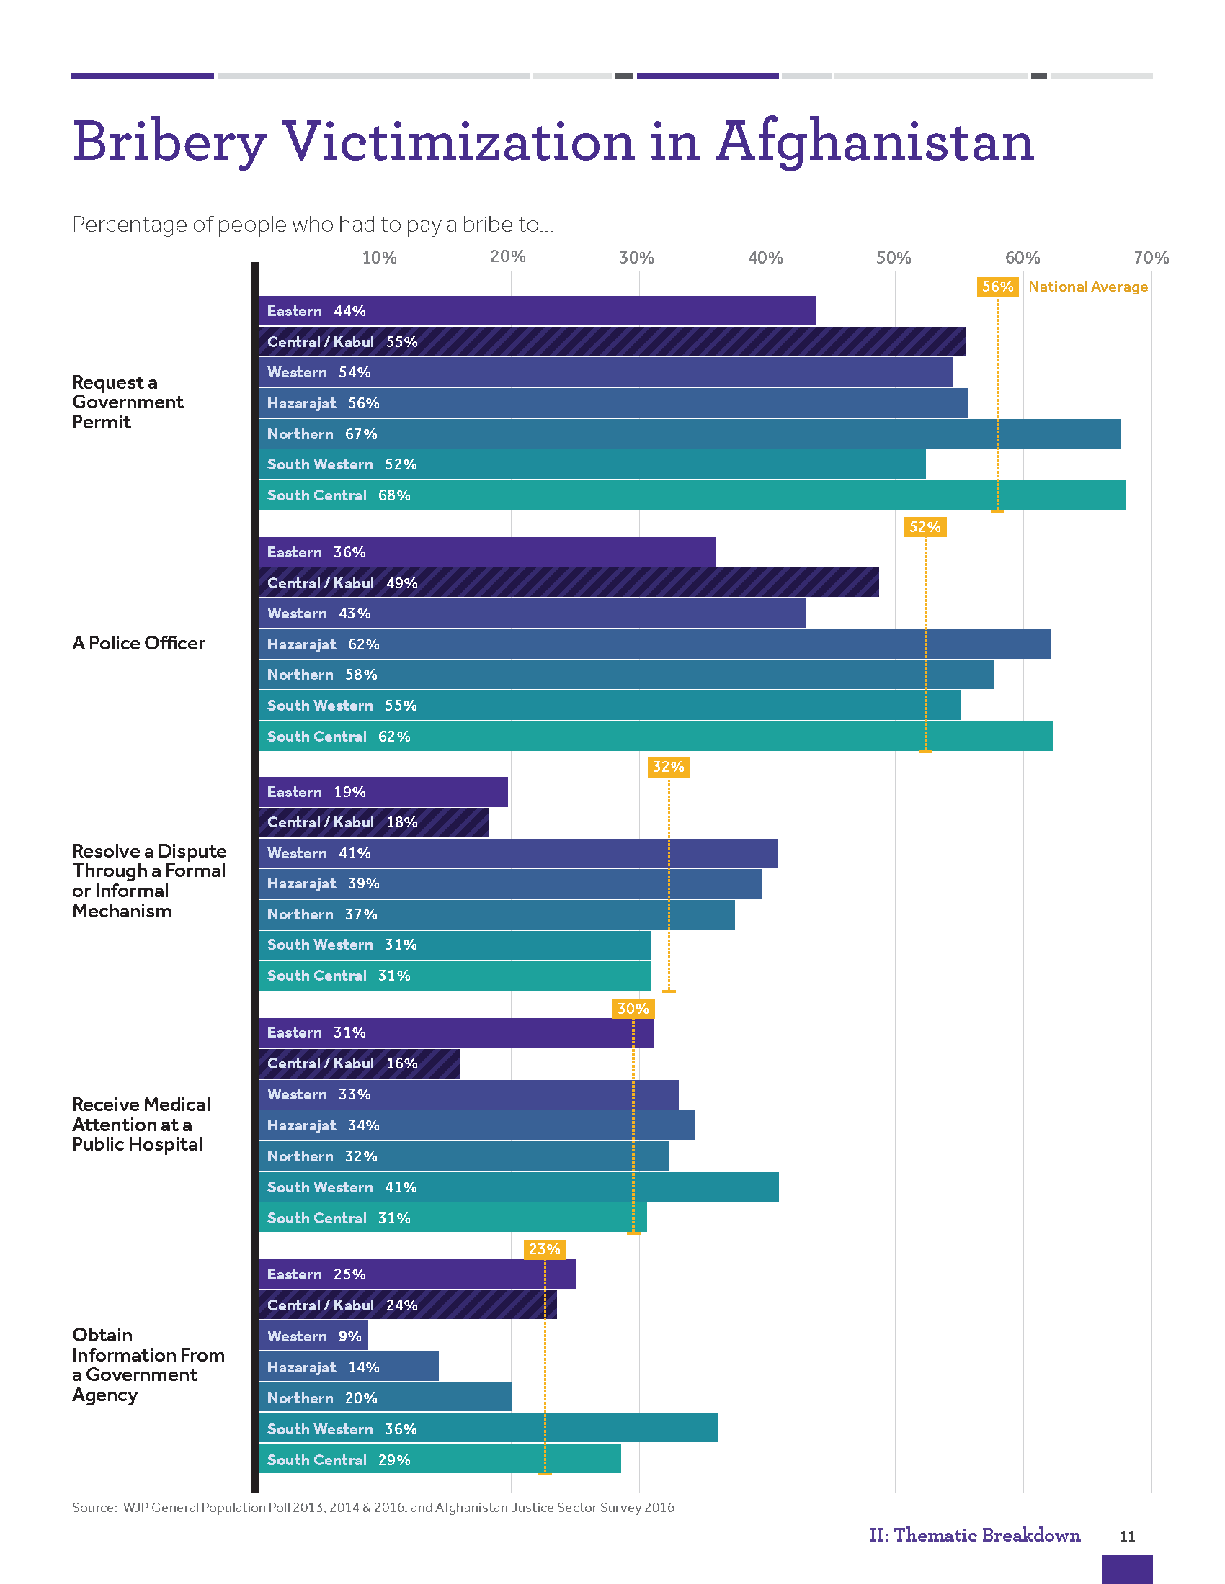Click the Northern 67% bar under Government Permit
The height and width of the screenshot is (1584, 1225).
(x=689, y=433)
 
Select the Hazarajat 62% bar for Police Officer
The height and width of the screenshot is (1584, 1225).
(x=654, y=644)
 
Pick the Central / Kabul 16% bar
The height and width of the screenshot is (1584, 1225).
(x=360, y=1063)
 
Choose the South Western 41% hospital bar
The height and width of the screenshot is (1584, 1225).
(x=518, y=1187)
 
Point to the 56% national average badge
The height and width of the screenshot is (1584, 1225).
(x=997, y=287)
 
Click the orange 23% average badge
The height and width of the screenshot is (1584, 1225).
(x=544, y=1249)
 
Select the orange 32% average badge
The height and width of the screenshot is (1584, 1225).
(x=669, y=767)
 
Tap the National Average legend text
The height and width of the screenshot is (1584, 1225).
(x=1088, y=287)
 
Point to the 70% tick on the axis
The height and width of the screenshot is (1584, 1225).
(x=1151, y=258)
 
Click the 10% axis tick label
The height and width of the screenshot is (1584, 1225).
(x=379, y=258)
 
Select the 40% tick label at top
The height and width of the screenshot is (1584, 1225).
(x=765, y=258)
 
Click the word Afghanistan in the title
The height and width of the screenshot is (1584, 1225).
(x=875, y=142)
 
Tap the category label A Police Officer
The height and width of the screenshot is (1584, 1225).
(x=138, y=642)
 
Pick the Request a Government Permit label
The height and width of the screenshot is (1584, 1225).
(x=127, y=402)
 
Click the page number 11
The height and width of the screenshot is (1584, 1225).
(x=1127, y=1536)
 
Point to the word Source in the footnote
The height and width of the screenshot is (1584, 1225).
(x=94, y=1507)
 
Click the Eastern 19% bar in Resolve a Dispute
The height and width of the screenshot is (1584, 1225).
(x=383, y=792)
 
